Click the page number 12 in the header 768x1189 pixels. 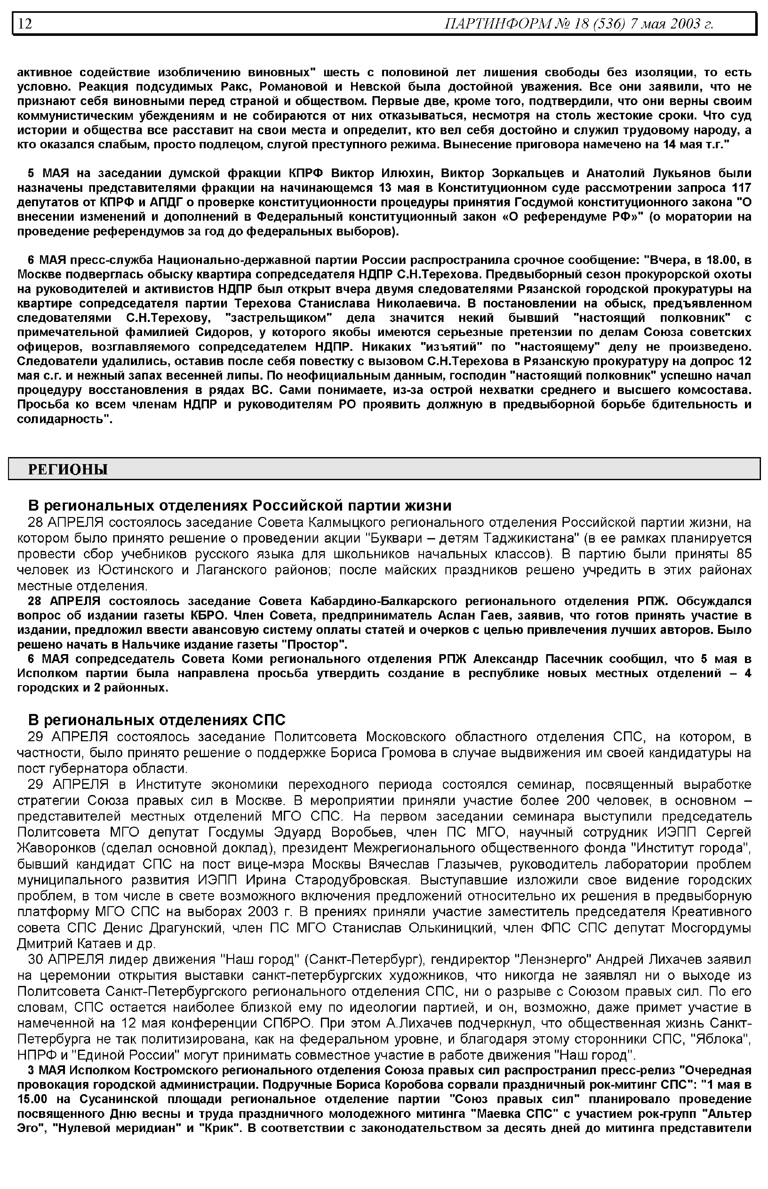point(25,23)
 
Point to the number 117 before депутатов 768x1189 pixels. point(740,188)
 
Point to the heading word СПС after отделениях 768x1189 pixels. point(269,720)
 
